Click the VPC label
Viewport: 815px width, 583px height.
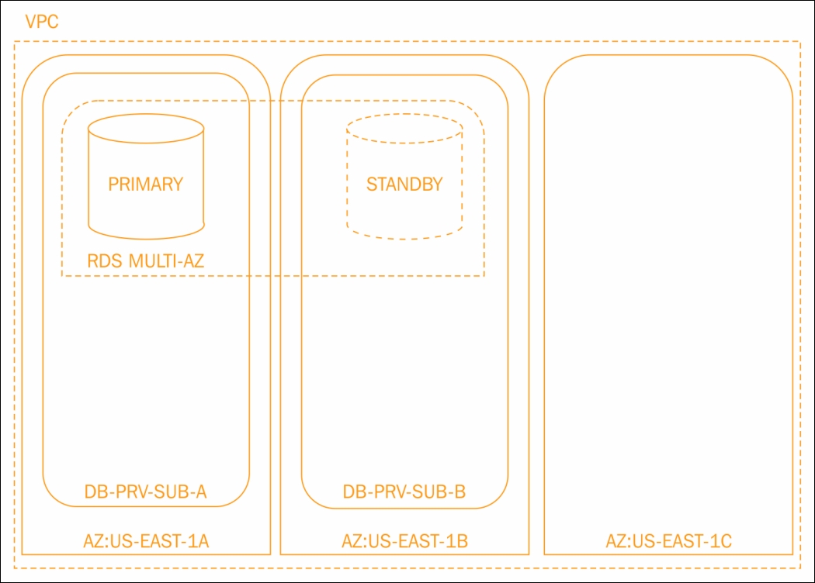42,22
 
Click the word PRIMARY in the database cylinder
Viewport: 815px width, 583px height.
146,185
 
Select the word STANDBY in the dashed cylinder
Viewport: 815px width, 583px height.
404,185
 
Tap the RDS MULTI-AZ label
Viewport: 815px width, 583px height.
146,260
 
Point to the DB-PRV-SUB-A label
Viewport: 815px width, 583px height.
146,492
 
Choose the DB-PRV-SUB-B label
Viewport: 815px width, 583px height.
404,492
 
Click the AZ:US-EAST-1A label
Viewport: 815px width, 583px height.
146,541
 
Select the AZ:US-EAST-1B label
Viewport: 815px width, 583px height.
405,541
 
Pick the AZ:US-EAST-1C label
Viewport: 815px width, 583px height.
669,541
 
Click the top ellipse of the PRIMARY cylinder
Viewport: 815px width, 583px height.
146,114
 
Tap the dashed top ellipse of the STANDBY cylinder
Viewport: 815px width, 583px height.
404,114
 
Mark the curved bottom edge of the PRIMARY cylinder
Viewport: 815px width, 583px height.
146,239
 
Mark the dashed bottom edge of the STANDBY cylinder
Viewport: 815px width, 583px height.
404,239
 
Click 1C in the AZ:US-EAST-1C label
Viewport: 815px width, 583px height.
722,541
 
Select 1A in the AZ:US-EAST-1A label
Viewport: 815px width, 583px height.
199,541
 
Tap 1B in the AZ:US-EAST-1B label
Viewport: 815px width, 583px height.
458,541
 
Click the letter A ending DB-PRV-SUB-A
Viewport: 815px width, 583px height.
200,492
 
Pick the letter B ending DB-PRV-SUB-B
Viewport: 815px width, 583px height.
460,492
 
